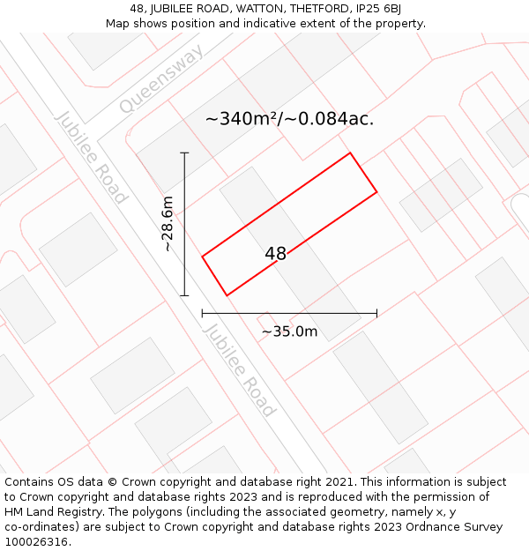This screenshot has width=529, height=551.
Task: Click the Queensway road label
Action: (162, 79)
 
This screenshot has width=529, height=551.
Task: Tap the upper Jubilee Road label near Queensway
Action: (91, 158)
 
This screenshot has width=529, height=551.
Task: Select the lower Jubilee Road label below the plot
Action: (239, 369)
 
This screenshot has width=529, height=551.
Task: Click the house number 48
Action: (275, 254)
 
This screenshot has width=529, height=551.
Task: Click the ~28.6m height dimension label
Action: (168, 224)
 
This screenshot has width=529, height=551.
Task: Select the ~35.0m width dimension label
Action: (289, 331)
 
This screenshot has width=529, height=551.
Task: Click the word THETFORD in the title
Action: (312, 9)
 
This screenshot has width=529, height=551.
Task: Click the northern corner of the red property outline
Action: (350, 153)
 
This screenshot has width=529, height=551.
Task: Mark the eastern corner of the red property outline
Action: (376, 191)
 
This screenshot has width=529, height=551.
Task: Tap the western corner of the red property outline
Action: (203, 257)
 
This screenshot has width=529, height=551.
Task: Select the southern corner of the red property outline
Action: (227, 295)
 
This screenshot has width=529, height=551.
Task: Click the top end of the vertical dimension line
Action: (184, 153)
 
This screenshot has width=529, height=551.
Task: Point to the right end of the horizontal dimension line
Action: (376, 312)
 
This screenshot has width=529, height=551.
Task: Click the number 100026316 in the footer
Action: (36, 542)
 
